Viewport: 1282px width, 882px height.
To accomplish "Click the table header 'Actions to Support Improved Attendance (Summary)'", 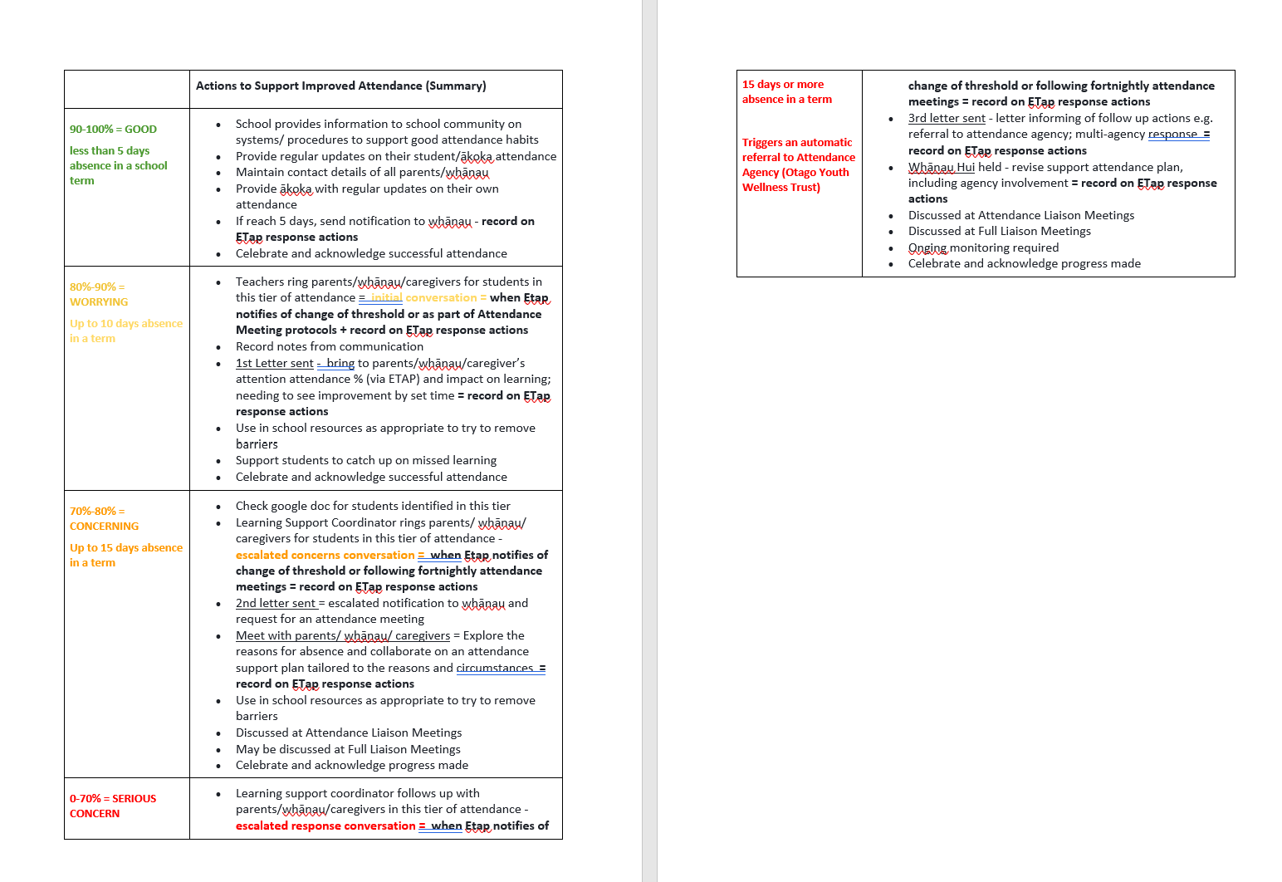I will click(340, 86).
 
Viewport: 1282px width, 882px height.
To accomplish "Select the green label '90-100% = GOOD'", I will click(113, 129).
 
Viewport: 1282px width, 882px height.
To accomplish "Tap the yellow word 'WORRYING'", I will click(99, 301).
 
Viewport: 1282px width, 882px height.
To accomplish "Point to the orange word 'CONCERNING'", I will click(104, 526).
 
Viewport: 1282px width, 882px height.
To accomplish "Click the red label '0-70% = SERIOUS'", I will click(113, 798).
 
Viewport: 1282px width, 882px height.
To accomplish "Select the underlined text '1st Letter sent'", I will click(274, 363).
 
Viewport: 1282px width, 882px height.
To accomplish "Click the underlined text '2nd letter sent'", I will click(276, 603).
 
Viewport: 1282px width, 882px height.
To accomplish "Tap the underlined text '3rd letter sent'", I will click(947, 118).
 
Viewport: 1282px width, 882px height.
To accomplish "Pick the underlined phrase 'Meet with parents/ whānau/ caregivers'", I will click(343, 635).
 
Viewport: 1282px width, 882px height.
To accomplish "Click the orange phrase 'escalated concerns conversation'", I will click(325, 555).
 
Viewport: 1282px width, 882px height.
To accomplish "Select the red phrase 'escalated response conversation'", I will click(325, 826).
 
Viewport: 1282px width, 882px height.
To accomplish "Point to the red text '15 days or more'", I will click(783, 84).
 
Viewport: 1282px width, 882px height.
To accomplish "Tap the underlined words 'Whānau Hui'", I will click(942, 167).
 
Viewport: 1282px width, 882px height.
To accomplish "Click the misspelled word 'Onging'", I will click(927, 247).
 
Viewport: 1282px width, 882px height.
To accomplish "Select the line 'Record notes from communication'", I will click(330, 346).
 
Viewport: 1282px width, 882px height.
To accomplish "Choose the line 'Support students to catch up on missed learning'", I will click(366, 460).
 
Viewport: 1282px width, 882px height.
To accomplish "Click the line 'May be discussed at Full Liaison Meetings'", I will click(348, 749).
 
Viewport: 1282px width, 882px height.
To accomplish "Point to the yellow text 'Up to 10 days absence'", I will click(126, 323).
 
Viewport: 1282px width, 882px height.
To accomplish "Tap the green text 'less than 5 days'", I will click(110, 150).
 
